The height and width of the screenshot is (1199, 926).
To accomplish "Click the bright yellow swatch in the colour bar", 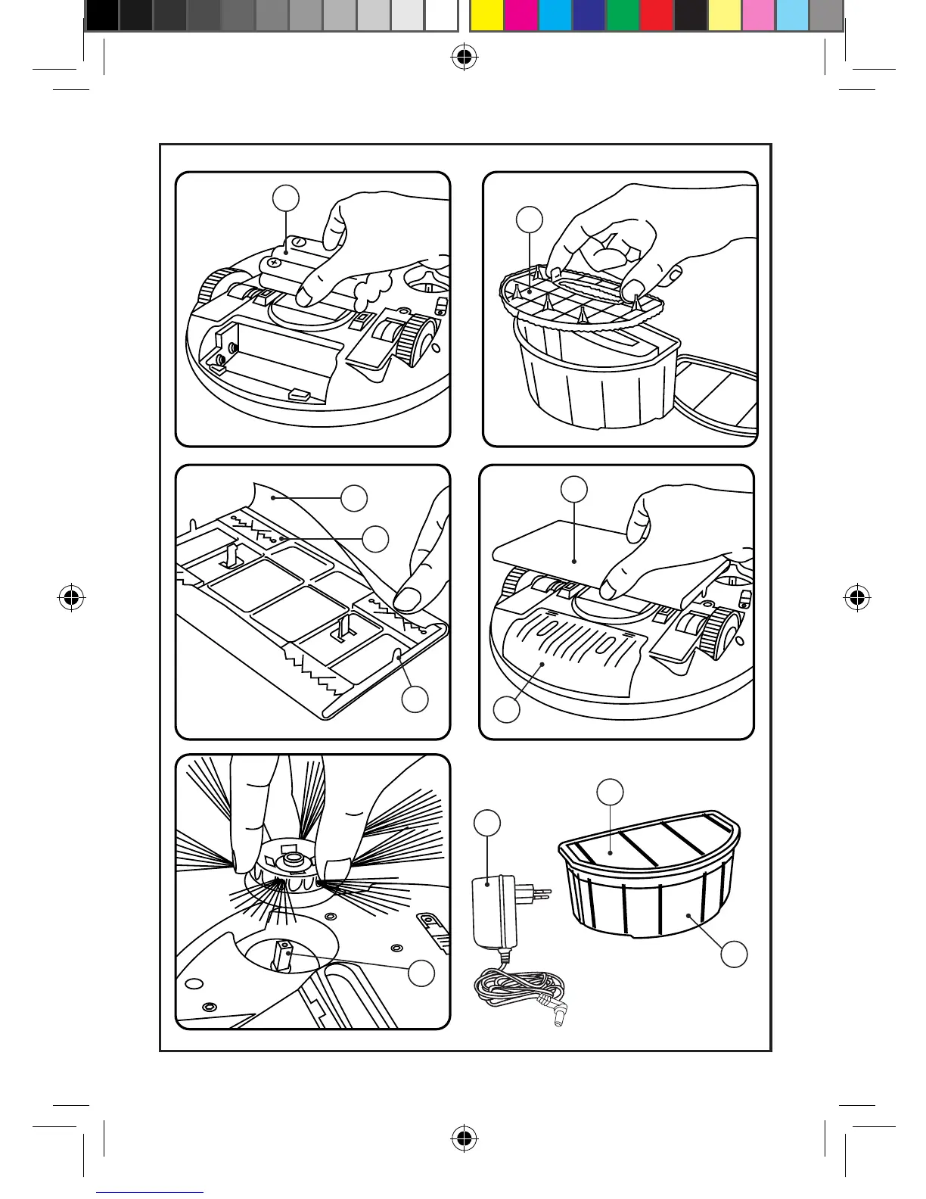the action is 486,15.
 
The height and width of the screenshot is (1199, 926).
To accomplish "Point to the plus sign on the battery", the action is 274,263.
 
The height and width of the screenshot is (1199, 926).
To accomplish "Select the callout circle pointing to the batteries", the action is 285,198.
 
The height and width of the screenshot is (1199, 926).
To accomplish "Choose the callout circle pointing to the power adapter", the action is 488,824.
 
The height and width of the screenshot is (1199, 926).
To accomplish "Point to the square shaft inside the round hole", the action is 285,955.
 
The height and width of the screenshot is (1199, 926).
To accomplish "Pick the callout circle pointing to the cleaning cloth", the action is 506,709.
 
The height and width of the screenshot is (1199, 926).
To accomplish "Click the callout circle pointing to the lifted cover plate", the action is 574,489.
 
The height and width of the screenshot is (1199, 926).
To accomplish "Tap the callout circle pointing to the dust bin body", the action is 733,954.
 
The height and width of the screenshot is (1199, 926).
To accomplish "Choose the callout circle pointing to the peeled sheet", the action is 354,498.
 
